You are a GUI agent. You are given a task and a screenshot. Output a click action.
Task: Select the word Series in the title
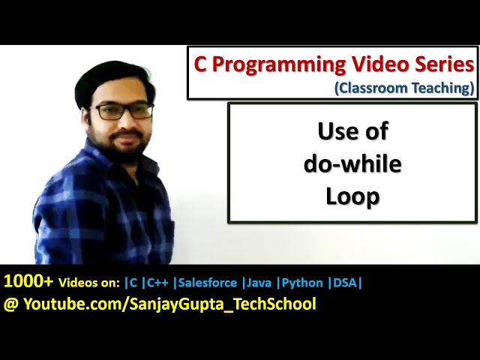(444, 64)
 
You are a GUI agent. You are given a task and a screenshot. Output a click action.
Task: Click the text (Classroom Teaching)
(405, 88)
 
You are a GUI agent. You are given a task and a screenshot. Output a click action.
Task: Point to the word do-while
(352, 163)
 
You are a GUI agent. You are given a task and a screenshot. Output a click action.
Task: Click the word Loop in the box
(352, 196)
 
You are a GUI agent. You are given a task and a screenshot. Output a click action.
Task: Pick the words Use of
(352, 131)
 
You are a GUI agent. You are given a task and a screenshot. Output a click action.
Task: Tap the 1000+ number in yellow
(28, 282)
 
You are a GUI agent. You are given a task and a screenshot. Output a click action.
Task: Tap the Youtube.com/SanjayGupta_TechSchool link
(169, 304)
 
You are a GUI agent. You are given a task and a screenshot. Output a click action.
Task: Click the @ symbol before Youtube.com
(11, 304)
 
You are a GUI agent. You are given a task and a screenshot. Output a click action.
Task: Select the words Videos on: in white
(90, 283)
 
